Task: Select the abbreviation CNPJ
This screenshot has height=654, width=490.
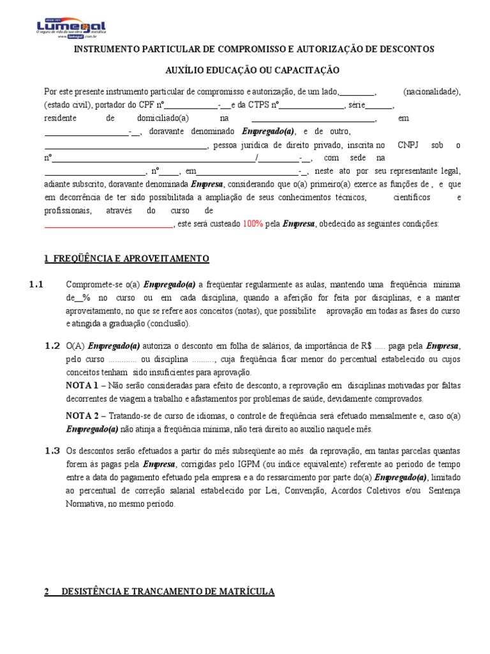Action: tap(409, 145)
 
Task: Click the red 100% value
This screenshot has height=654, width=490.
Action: tap(252, 224)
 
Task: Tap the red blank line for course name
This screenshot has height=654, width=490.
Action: tap(108, 225)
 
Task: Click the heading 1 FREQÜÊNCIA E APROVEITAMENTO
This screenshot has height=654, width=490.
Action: tap(126, 259)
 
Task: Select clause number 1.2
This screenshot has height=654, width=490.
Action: tap(52, 346)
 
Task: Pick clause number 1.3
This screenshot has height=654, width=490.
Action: tap(52, 450)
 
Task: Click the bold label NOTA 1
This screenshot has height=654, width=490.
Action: tap(82, 386)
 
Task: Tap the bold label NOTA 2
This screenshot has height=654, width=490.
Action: tap(82, 415)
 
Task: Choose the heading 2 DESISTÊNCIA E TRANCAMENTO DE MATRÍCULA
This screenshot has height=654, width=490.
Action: tap(160, 592)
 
